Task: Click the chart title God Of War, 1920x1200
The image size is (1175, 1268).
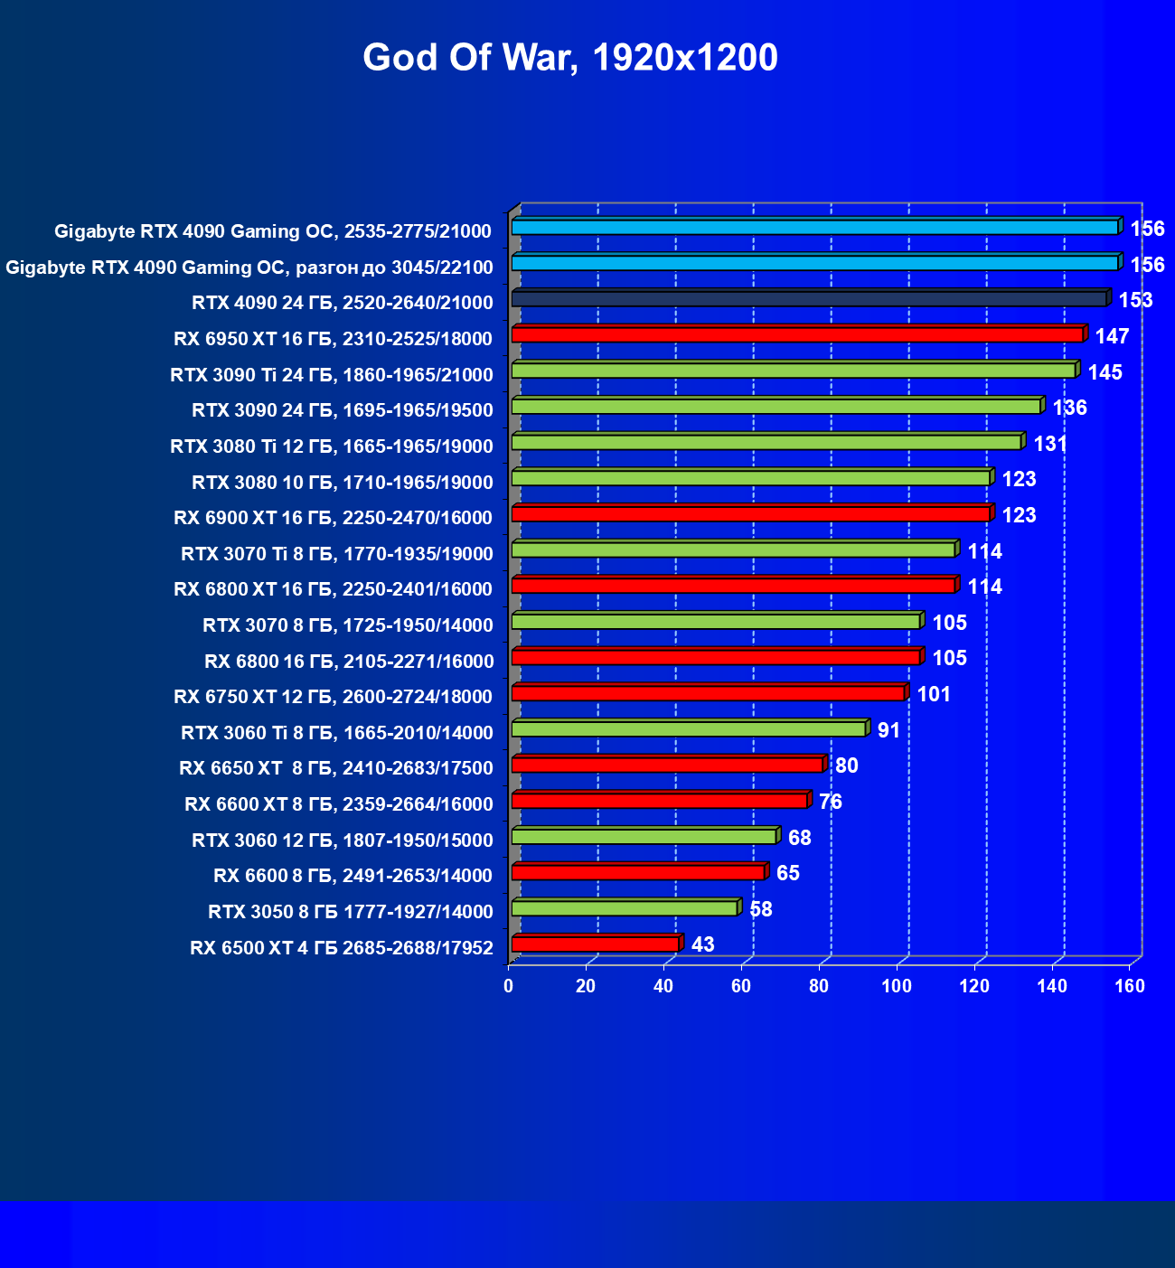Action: coord(569,58)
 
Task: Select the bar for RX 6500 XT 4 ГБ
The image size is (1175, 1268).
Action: coord(595,944)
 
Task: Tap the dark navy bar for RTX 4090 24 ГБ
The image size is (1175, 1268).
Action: coord(809,299)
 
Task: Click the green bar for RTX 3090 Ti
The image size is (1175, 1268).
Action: coord(794,371)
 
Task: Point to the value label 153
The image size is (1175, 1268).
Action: coord(1135,300)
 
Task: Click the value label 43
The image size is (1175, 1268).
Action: coord(702,944)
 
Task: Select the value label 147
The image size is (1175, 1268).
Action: coord(1112,336)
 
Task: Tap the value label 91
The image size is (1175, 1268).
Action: coord(888,730)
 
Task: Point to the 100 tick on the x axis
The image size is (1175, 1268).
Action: coord(897,986)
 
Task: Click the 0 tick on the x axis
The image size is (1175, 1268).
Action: coord(509,986)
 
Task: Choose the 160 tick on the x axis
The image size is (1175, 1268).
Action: coord(1130,986)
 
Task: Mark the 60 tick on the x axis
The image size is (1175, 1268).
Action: coord(741,986)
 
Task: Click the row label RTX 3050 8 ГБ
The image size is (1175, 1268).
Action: coord(351,912)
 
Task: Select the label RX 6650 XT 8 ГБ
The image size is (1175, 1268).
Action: coord(336,768)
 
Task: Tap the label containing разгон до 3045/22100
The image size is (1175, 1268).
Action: coord(249,268)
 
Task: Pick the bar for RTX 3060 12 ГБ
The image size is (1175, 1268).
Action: coord(644,837)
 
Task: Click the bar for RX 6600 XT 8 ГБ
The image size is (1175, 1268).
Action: coord(659,801)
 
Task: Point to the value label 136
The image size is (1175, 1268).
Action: coord(1069,408)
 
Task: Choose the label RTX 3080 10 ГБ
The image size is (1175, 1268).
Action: coord(343,483)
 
